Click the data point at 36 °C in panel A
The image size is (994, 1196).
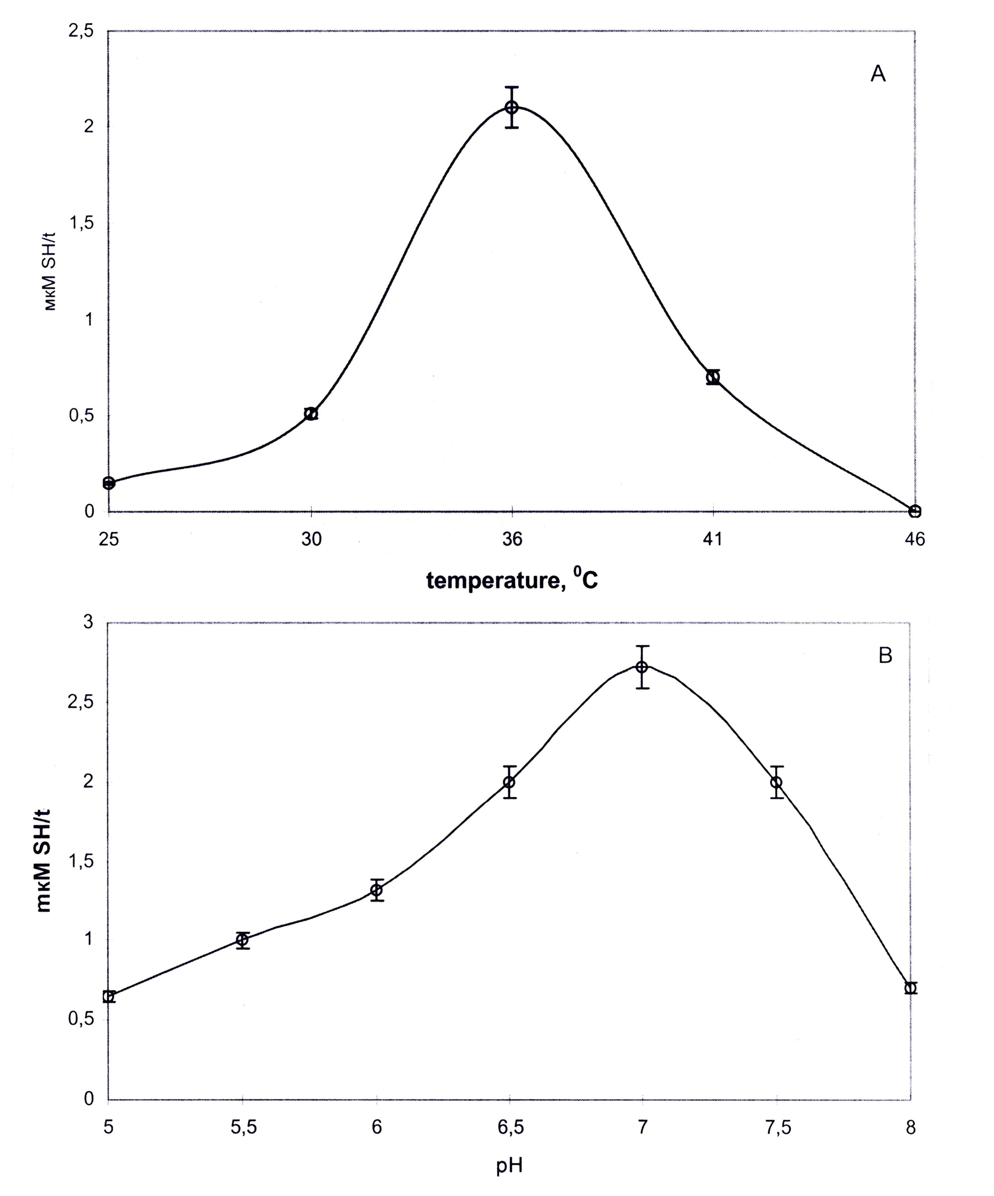(512, 107)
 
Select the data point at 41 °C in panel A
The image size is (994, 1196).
(713, 376)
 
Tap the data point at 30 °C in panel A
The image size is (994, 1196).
(311, 414)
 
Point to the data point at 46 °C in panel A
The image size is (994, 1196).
(914, 511)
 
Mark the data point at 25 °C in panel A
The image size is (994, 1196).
(109, 483)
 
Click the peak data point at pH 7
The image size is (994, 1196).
(642, 667)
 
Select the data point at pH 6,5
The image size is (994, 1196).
(509, 782)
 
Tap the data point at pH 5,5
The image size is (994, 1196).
(243, 939)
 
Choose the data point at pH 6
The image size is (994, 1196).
(377, 890)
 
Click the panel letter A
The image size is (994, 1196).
(878, 74)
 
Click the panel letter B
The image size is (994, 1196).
(885, 656)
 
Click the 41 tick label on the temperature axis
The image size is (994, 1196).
(712, 539)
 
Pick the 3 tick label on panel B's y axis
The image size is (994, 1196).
(88, 622)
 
